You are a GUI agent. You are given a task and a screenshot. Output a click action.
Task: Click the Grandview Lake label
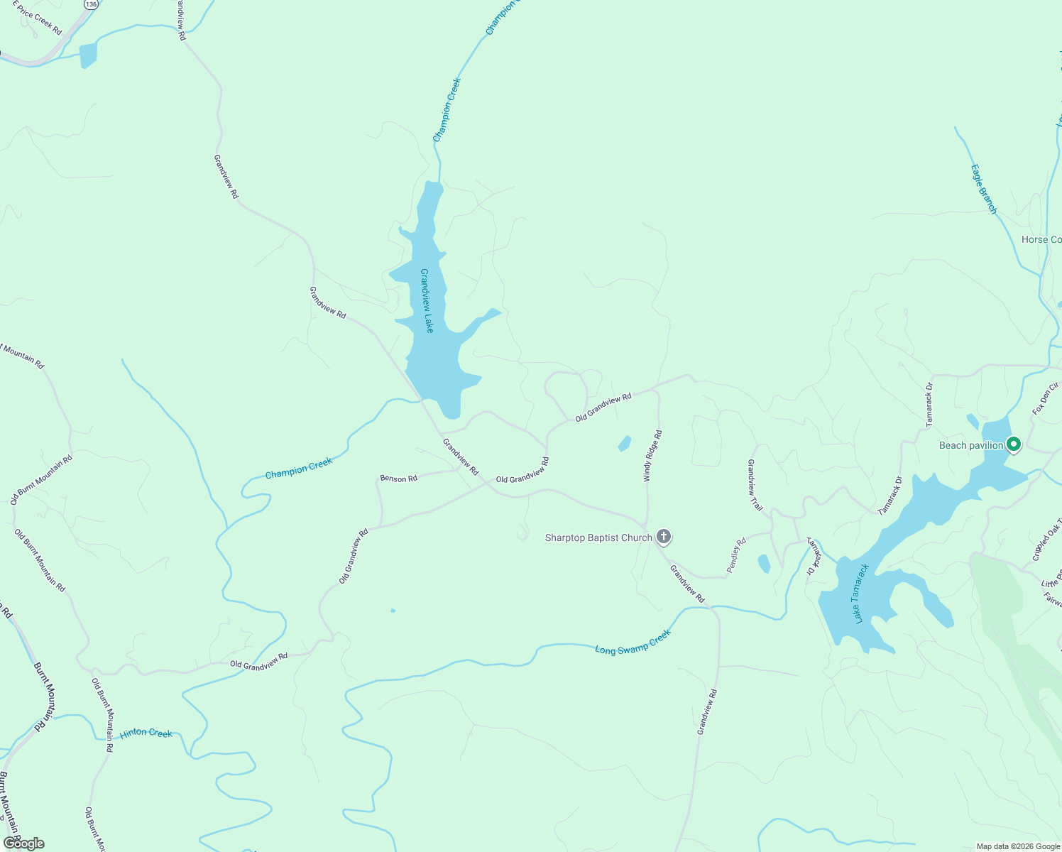click(427, 300)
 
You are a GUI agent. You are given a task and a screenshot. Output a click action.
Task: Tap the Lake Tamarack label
click(861, 594)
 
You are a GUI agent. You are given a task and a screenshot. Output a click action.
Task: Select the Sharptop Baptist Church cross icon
click(664, 537)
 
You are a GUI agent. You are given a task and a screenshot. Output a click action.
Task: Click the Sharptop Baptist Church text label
click(598, 537)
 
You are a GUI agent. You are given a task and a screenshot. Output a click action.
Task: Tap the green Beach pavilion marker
click(1014, 444)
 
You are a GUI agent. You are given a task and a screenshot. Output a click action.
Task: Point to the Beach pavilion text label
click(970, 445)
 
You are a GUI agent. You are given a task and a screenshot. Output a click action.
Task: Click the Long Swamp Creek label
click(633, 641)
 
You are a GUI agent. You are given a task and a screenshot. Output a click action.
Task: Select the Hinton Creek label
click(146, 733)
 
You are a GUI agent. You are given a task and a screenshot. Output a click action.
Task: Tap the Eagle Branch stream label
click(984, 189)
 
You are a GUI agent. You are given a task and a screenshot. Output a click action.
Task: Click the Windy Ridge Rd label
click(653, 456)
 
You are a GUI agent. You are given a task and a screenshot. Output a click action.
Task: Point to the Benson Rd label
click(398, 479)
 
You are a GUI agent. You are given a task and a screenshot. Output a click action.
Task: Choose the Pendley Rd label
click(736, 555)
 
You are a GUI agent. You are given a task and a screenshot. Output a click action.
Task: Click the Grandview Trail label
click(755, 486)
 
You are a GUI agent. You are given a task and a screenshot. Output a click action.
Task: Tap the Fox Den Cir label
click(1046, 398)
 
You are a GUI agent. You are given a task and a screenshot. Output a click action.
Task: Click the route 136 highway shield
click(90, 4)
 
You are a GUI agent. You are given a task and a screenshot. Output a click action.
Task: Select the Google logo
click(23, 843)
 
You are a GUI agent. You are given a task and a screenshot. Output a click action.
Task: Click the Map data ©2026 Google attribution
click(1017, 846)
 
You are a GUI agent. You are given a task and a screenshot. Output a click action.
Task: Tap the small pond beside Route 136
click(88, 55)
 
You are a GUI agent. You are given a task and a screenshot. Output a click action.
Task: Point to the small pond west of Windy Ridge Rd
click(625, 444)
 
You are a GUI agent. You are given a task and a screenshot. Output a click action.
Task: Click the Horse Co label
click(1041, 239)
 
